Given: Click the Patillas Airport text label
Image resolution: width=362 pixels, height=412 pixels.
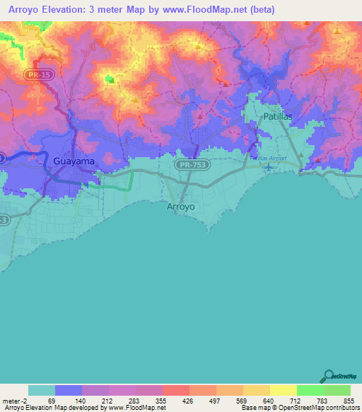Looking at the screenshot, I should pyautogui.click(x=268, y=159).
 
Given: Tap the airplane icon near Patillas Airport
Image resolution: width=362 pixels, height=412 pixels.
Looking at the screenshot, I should pyautogui.click(x=268, y=167).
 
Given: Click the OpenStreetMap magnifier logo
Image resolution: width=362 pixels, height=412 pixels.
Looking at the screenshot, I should pyautogui.click(x=329, y=377).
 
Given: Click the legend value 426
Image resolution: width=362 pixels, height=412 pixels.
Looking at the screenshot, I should pyautogui.click(x=188, y=400).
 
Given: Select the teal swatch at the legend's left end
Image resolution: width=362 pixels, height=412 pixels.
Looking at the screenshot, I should pyautogui.click(x=42, y=390).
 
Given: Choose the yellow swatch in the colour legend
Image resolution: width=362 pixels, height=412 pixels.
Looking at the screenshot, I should pyautogui.click(x=283, y=390).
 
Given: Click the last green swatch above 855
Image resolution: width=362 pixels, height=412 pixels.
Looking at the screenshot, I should pyautogui.click(x=337, y=390).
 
